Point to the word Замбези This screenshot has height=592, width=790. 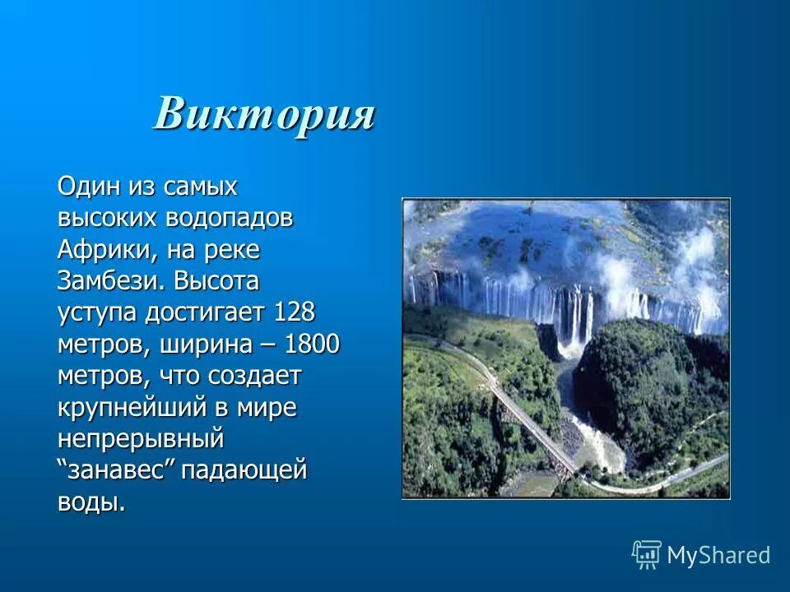click(112, 281)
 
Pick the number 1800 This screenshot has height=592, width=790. click(310, 345)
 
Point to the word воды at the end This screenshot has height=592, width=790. click(91, 502)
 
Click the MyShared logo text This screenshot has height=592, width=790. click(718, 555)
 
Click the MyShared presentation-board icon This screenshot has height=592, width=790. click(647, 554)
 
